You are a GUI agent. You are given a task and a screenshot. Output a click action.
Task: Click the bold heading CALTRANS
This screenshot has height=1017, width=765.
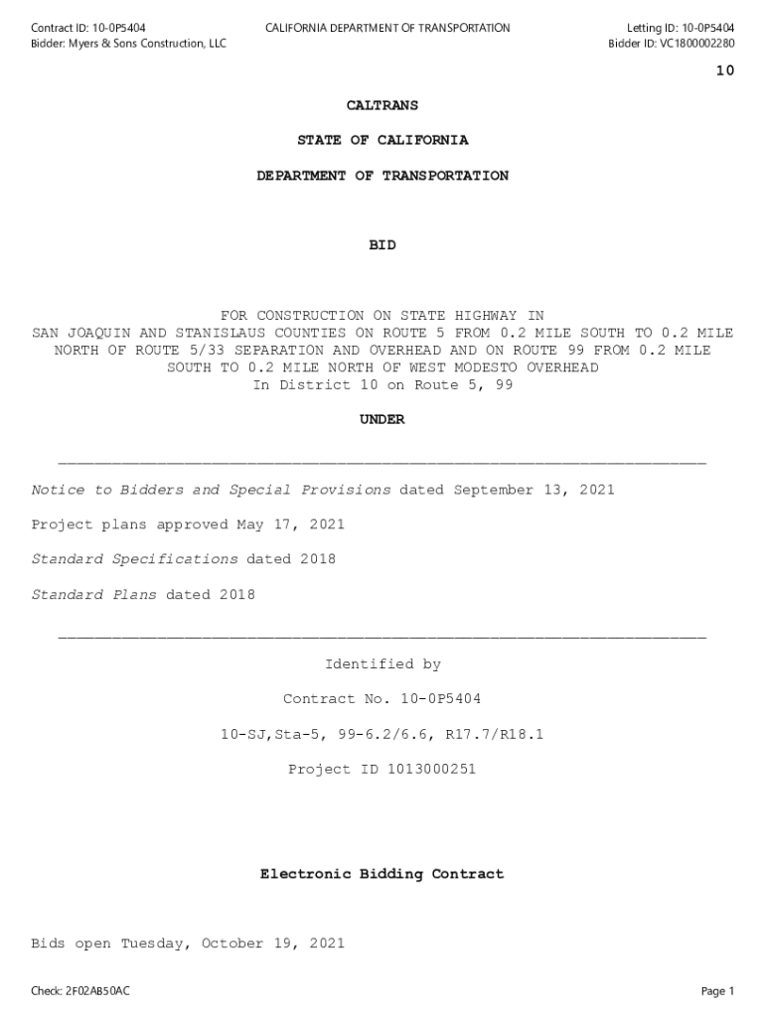tap(382, 105)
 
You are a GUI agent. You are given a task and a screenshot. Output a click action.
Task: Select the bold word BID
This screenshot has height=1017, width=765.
tap(382, 245)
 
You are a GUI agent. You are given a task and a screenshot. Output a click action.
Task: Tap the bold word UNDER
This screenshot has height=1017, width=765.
tap(382, 420)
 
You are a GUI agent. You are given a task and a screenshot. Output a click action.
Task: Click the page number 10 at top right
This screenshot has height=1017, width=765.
tap(724, 71)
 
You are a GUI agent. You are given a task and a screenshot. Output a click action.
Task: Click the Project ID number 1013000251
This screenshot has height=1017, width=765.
tap(427, 769)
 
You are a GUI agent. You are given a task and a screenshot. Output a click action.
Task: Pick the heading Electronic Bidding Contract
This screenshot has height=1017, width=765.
tap(382, 874)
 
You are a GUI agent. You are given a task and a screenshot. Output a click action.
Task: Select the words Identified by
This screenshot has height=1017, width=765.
tap(382, 664)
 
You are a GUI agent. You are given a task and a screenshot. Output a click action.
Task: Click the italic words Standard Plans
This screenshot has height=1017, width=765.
tap(94, 595)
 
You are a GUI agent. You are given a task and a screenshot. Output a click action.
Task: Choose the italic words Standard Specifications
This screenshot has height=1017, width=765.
tap(135, 559)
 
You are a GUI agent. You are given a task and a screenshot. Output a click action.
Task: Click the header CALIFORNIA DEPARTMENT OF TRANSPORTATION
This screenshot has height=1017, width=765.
tap(387, 28)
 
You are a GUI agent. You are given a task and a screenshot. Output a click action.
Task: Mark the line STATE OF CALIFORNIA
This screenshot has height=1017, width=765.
tap(382, 140)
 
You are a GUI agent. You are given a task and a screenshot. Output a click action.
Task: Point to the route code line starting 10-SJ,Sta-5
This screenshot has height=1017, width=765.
tap(382, 734)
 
